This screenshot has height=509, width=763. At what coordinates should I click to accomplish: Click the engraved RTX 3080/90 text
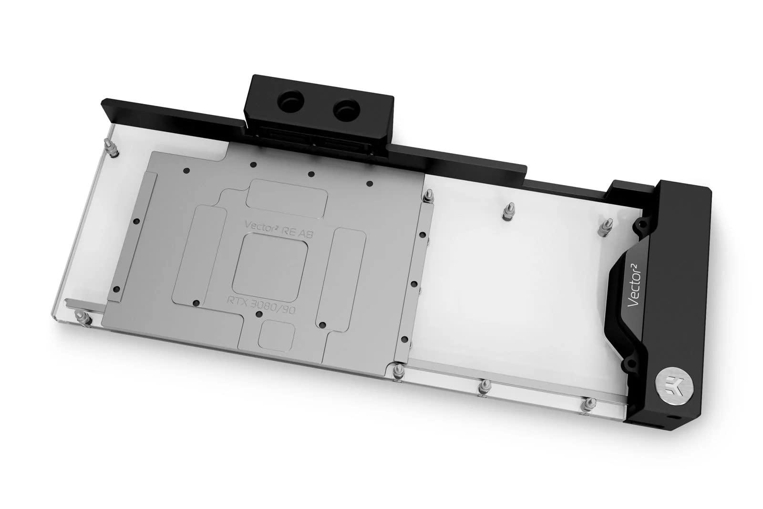pos(269,301)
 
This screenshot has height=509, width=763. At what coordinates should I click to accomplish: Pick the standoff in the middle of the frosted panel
pos(506,213)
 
